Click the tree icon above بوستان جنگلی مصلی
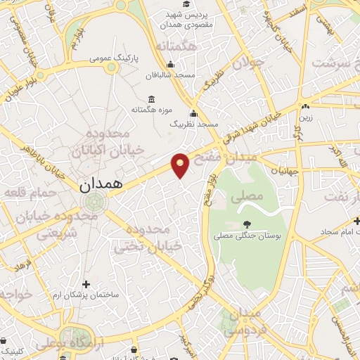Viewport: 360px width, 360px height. click(x=246, y=224)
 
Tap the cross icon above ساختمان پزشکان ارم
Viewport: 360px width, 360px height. click(x=86, y=285)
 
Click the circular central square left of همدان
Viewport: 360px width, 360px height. click(x=92, y=203)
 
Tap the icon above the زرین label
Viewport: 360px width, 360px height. click(x=305, y=107)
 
